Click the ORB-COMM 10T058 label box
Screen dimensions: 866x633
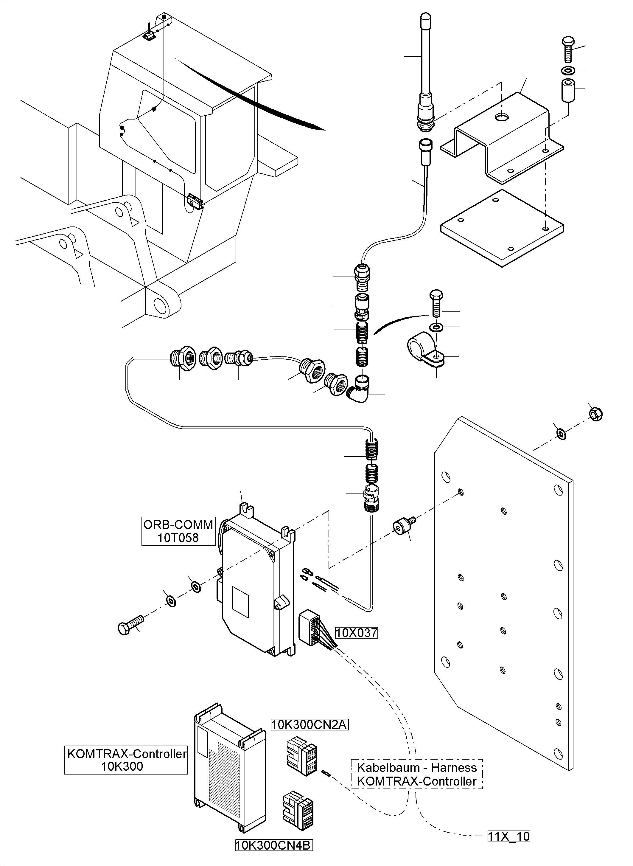(x=178, y=531)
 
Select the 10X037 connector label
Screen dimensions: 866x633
(x=356, y=633)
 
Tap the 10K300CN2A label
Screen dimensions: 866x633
(x=309, y=724)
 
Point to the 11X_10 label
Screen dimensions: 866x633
(x=509, y=836)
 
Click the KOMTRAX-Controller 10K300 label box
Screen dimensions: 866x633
(x=126, y=760)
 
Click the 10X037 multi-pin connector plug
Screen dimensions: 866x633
(x=309, y=628)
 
